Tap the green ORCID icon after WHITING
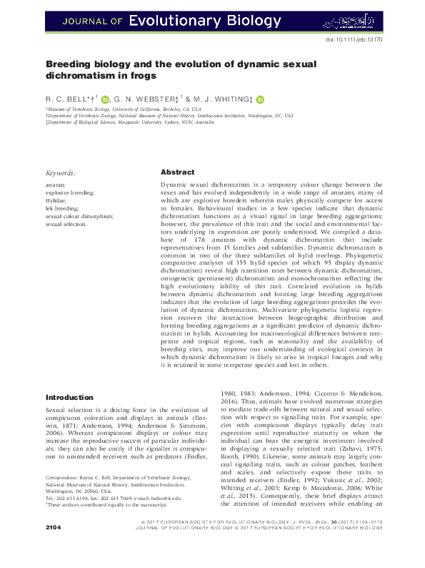260,100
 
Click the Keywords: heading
61,173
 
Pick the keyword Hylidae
56,200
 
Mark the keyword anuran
56,185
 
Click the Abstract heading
177,172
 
